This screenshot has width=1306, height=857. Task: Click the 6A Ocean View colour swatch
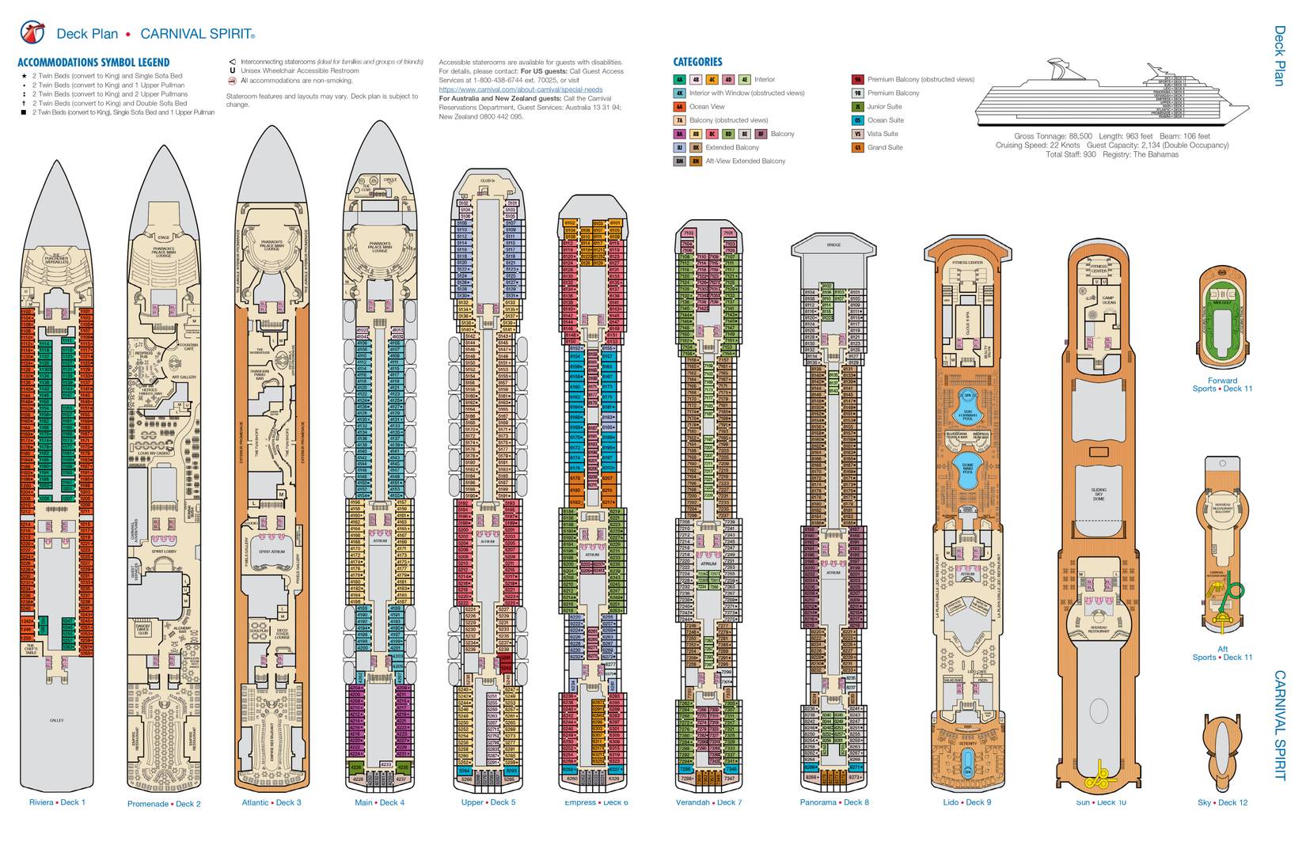point(679,107)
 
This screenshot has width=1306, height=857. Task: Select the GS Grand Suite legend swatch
point(857,147)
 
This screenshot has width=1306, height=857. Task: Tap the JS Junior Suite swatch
point(857,107)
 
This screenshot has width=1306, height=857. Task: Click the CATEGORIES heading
point(697,62)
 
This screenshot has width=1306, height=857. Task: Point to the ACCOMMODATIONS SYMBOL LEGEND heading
point(93,63)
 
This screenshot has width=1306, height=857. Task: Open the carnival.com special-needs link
point(520,89)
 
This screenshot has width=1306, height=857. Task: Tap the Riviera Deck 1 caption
point(57,802)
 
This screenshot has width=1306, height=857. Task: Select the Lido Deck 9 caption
point(966,802)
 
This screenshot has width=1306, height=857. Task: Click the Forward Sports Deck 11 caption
point(1222,385)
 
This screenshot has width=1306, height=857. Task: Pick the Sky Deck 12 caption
point(1222,802)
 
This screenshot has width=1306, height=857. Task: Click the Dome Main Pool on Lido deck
point(966,468)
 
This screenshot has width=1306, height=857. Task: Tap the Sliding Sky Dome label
point(1099,495)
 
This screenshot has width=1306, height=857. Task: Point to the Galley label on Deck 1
point(56,720)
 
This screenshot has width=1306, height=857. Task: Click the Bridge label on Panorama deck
point(833,245)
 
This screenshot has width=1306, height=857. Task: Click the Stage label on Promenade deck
point(164,237)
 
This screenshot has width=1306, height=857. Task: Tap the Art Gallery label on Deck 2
point(187,377)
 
